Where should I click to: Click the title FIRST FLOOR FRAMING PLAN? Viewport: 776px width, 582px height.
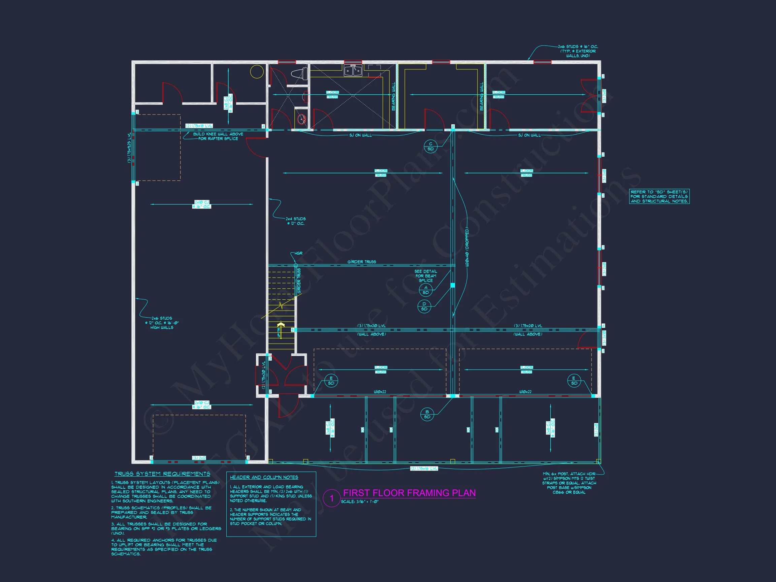pos(409,493)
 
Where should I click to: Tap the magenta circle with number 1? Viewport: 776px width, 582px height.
pos(331,498)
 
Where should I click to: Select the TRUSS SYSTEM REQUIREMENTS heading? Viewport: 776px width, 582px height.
pos(162,474)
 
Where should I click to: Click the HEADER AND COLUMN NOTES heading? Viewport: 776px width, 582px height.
pos(264,478)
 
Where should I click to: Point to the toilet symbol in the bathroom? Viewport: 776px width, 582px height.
pos(300,74)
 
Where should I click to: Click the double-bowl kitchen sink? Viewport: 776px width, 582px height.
pos(353,70)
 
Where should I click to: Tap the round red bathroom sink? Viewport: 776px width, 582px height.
pos(301,120)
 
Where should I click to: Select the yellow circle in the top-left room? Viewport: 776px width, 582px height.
pos(256,71)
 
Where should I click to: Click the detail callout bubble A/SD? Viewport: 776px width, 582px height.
pos(425,290)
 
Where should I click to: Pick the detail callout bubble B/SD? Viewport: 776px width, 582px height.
pos(427,414)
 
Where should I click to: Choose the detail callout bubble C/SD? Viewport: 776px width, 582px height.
pos(430,146)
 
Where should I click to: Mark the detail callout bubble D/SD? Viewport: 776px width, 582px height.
pos(424,306)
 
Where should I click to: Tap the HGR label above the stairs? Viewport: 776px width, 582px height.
pos(298,253)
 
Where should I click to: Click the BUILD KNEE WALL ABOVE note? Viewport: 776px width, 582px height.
pos(218,136)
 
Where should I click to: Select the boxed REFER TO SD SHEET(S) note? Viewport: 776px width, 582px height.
pos(659,196)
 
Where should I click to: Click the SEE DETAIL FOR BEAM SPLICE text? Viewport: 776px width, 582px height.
pos(425,276)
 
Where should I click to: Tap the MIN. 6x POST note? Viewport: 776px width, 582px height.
pos(569,483)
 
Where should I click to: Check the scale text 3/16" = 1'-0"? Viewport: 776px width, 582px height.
pos(360,502)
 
